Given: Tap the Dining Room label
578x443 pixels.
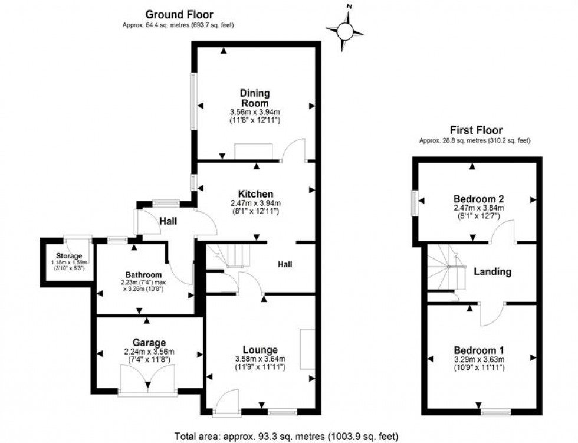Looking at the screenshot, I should click(255, 98).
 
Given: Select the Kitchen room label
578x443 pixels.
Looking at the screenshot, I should click(255, 193).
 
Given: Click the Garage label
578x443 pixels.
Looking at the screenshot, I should click(149, 343).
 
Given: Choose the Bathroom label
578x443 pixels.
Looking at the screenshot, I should click(143, 274).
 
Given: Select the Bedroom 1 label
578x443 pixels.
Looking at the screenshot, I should click(477, 348).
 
